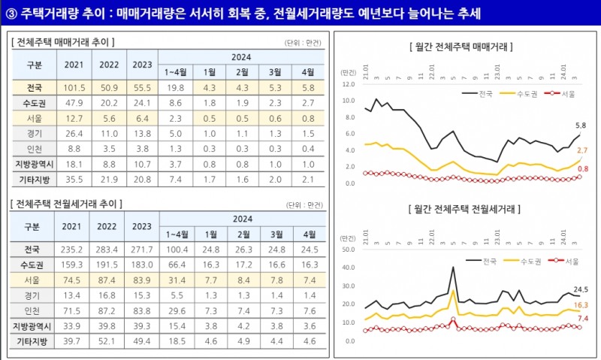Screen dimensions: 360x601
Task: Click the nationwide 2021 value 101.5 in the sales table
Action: point(74,88)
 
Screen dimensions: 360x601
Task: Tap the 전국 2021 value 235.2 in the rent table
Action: point(74,249)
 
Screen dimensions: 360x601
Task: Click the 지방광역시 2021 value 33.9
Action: point(74,326)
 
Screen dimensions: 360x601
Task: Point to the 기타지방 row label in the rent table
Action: point(33,341)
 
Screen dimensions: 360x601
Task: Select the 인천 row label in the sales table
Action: point(33,149)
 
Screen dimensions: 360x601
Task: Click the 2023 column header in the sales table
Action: point(141,65)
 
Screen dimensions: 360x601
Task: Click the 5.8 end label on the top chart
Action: point(580,125)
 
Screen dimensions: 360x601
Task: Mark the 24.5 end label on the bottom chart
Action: point(580,289)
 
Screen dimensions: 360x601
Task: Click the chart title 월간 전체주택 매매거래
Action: point(460,47)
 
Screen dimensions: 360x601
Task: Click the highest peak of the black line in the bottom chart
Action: point(453,267)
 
